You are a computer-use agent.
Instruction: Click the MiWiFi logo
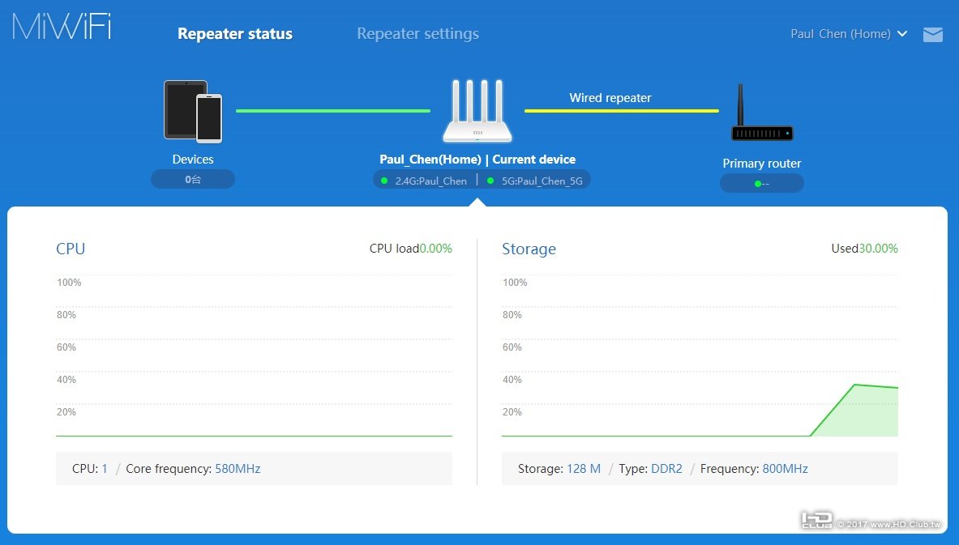62,26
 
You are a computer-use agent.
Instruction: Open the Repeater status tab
235,34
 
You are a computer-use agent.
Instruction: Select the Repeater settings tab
417,34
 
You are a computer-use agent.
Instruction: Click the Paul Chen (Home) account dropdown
848,34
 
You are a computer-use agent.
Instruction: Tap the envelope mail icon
933,35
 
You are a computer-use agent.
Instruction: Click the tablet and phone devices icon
193,111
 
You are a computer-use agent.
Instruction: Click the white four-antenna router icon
477,112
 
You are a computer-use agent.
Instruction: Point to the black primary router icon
761,114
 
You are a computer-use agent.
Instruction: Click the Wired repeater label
610,98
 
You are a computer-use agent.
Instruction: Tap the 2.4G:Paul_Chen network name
430,181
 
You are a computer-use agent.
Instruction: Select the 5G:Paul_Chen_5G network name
542,181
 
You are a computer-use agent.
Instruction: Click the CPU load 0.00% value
435,249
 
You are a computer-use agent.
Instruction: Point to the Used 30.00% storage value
878,249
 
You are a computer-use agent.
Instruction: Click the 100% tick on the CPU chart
69,283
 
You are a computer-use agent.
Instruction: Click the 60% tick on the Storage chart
512,347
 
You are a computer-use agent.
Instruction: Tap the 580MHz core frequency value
238,469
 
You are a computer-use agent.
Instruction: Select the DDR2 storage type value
666,469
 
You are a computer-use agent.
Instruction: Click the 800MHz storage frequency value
785,469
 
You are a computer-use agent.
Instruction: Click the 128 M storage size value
583,469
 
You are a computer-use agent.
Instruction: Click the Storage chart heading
529,249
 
